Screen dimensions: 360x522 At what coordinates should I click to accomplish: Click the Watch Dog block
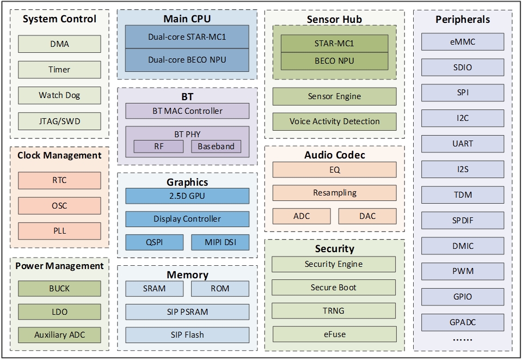coord(59,95)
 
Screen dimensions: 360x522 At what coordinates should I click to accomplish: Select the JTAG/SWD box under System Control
coord(59,121)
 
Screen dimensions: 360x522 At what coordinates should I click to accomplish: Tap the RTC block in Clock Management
coord(59,180)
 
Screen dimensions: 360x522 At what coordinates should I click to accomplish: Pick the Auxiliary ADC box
coord(59,334)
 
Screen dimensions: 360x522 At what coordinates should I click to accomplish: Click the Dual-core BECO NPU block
coord(187,60)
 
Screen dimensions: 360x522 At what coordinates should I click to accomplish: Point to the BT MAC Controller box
coord(187,111)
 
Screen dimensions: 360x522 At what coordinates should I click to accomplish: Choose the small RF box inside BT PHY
coord(158,146)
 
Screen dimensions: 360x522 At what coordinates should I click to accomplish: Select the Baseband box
coord(216,146)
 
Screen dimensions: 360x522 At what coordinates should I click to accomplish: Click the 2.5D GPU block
coord(187,196)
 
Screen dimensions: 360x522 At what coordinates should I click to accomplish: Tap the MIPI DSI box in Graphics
coord(220,242)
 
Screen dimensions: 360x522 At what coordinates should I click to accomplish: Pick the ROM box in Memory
coord(220,288)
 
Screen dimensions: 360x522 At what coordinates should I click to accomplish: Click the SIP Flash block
coord(187,334)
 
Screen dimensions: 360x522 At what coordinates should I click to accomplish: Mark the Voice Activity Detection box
coord(334,121)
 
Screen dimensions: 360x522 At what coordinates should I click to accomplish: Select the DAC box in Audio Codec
coord(367,216)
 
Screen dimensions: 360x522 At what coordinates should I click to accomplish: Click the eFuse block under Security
coord(334,334)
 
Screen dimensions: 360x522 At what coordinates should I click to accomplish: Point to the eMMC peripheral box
coord(463,42)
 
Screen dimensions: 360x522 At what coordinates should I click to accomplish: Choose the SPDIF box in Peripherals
coord(463,220)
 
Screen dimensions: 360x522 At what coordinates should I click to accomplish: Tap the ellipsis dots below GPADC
coord(463,339)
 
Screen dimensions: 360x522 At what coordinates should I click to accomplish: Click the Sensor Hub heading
coord(334,20)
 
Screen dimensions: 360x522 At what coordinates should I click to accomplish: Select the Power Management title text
coord(59,266)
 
